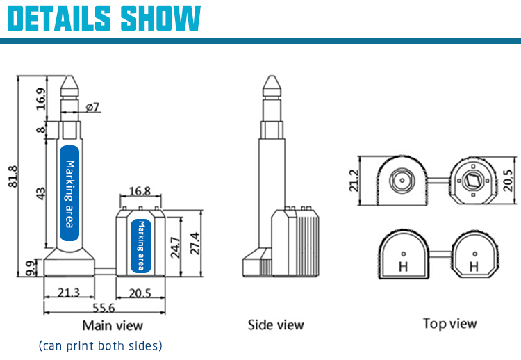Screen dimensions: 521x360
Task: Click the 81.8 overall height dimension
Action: pos(13,177)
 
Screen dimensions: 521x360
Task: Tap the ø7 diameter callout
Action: pos(92,107)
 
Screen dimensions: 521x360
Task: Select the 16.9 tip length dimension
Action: pos(40,99)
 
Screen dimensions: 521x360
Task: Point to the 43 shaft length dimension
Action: pos(40,194)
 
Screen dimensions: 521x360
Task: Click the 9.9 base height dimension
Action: pos(31,268)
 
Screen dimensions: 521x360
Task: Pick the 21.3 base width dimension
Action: pos(69,293)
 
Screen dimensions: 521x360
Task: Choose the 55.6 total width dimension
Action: pos(104,308)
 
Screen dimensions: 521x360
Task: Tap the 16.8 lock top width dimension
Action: pos(140,191)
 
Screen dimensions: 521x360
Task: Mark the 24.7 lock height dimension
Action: pos(175,247)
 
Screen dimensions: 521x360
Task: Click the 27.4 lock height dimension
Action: pos(195,244)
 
